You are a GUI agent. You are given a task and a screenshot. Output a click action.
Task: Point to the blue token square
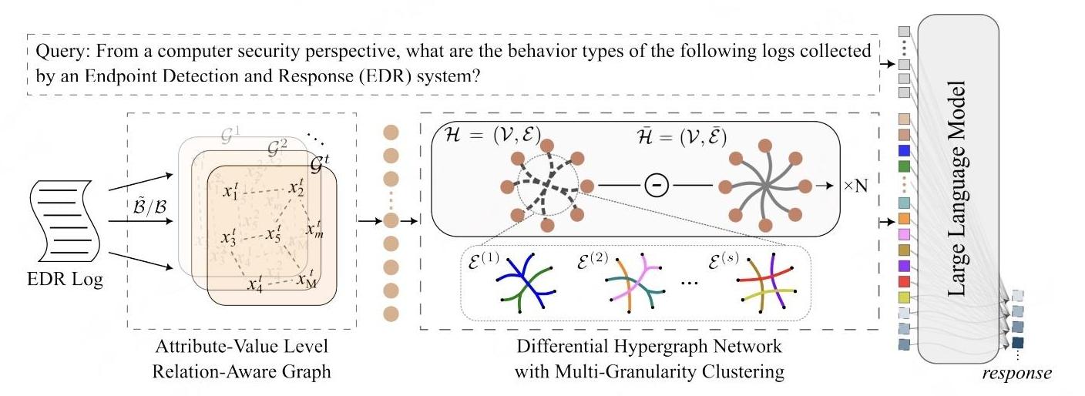905,150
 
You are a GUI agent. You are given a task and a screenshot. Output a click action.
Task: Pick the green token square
905,166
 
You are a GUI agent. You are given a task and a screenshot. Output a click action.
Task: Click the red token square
905,281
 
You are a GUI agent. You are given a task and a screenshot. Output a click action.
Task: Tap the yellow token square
905,297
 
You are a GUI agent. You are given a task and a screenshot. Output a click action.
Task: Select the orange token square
905,219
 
